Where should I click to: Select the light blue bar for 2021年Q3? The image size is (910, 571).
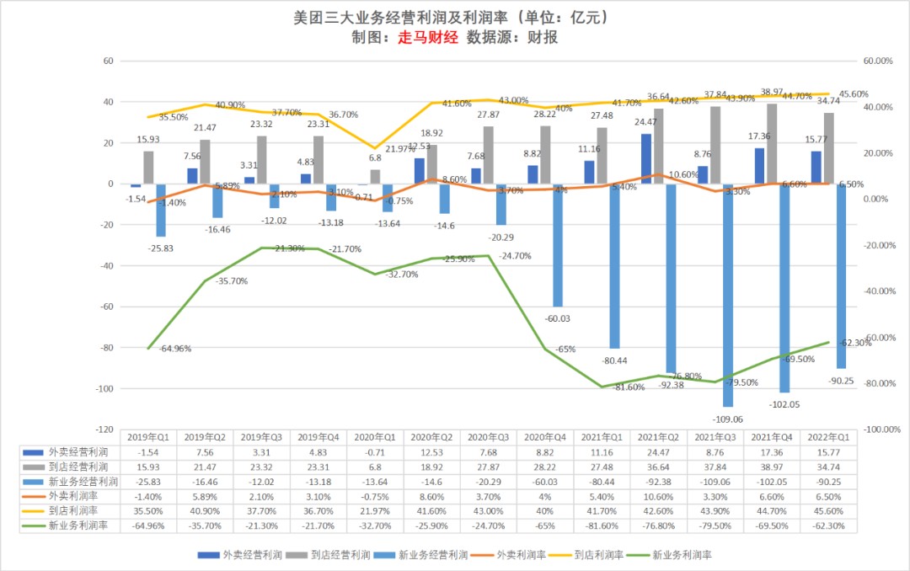coord(727,295)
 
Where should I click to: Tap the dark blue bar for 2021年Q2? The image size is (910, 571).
coord(646,158)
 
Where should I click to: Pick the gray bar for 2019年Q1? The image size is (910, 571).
coord(148,167)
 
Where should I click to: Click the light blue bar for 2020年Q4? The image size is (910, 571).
coord(557,245)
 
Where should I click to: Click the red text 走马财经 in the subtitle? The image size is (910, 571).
coord(427,38)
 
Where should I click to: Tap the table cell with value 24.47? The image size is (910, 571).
coord(657,452)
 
